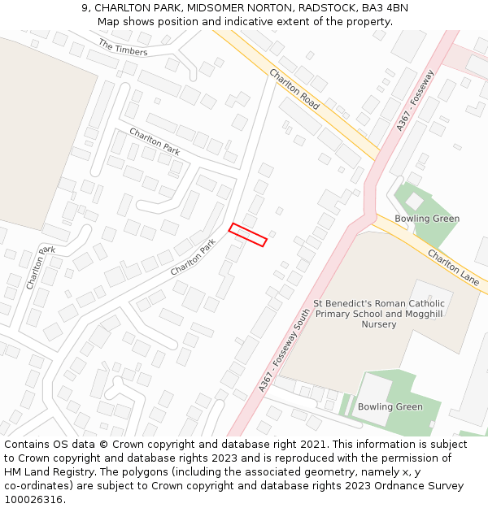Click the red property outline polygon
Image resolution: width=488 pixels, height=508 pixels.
[248, 234]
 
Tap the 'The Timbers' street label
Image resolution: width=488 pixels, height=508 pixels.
[123, 47]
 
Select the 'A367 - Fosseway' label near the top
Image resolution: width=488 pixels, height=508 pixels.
[416, 100]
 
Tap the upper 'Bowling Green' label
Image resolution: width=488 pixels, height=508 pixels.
[427, 219]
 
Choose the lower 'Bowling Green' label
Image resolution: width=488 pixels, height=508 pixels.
[390, 406]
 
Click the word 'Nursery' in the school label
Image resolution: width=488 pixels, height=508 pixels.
[379, 324]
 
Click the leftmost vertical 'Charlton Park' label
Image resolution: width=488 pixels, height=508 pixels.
[40, 267]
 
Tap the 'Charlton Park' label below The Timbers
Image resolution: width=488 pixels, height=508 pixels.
[155, 141]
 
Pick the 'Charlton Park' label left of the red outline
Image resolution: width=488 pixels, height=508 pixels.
[193, 255]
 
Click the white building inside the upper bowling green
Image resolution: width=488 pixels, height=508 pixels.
[415, 200]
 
